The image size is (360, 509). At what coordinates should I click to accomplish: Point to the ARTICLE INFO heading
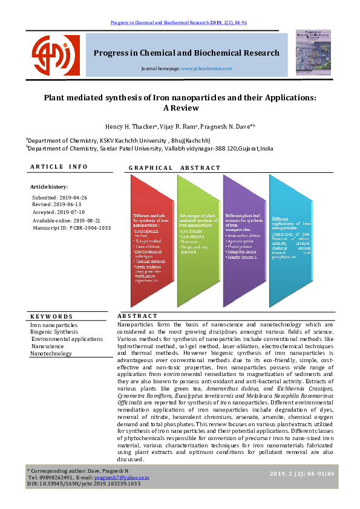pos(59,167)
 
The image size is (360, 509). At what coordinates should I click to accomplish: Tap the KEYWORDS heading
pos(51,316)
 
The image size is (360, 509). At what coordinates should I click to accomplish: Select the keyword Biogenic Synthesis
pos(54,332)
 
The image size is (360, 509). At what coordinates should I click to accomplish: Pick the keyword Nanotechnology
pos(51,353)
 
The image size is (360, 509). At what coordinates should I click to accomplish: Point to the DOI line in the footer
pos(83,484)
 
